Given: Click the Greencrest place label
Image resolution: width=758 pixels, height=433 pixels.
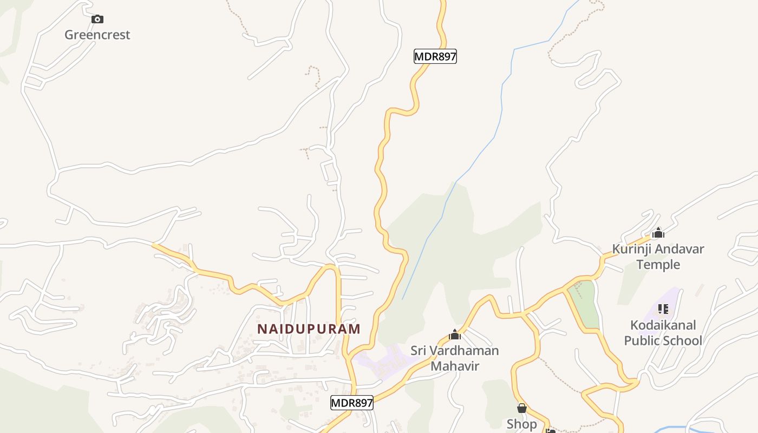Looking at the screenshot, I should click(97, 35).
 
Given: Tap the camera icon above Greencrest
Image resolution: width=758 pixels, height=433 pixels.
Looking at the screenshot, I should click(97, 19).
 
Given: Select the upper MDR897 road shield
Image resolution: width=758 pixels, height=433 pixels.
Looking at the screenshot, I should click(435, 56).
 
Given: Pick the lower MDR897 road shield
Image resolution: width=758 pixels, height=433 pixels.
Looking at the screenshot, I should click(352, 403).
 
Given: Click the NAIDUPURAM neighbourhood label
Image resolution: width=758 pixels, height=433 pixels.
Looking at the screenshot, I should click(309, 329).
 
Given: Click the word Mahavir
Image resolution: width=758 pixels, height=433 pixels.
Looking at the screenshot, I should click(455, 366).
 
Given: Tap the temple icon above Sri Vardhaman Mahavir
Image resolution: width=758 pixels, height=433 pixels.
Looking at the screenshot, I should click(455, 335).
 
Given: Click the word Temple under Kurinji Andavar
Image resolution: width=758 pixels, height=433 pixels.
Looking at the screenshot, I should click(658, 265).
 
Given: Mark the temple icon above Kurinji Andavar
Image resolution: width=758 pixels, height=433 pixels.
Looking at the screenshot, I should click(658, 233).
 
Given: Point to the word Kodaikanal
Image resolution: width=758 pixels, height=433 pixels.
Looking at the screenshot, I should click(663, 325).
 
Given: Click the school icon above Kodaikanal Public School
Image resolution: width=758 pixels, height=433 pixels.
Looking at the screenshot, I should click(663, 309).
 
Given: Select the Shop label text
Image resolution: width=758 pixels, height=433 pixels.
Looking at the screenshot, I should click(522, 424).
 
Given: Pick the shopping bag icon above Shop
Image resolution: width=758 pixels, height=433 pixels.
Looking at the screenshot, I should click(522, 408).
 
